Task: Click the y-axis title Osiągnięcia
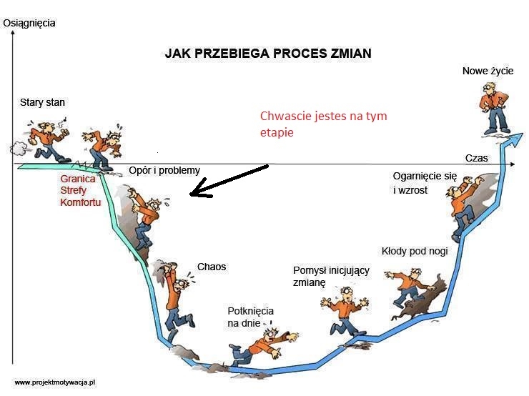[x=29, y=24]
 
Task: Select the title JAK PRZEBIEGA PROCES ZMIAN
[x=268, y=54]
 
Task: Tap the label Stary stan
[x=42, y=102]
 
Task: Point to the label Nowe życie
[x=488, y=71]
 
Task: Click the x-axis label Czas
[x=476, y=158]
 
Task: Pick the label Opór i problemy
[x=164, y=170]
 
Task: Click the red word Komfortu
[x=81, y=202]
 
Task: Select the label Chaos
[x=212, y=267]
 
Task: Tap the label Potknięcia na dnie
[x=250, y=317]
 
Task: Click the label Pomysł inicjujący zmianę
[x=331, y=276]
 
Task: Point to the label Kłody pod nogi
[x=415, y=251]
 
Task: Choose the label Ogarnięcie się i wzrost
[x=425, y=183]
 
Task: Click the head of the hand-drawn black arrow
[x=191, y=194]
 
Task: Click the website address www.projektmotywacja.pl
[x=55, y=382]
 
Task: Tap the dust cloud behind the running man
[x=19, y=149]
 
